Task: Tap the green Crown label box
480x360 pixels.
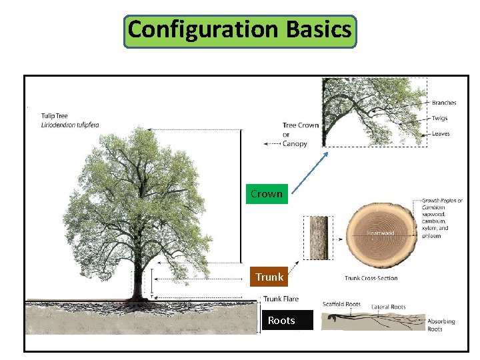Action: (x=267, y=194)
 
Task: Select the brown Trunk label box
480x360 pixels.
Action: (x=269, y=277)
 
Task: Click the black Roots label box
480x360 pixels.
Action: (x=281, y=321)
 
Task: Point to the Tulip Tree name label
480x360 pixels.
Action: (x=55, y=116)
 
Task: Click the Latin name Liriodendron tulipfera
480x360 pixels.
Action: (x=70, y=125)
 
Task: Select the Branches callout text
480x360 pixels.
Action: (x=444, y=103)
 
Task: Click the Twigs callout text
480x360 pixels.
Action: (x=440, y=118)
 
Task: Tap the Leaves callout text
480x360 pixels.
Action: (x=441, y=133)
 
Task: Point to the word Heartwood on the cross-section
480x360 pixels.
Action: (x=380, y=233)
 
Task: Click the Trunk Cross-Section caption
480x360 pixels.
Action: (x=371, y=279)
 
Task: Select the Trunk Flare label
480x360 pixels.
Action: (x=281, y=299)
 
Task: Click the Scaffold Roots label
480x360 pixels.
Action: (x=341, y=305)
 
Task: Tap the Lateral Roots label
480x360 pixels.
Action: (x=389, y=307)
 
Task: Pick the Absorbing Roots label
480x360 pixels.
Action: (x=441, y=325)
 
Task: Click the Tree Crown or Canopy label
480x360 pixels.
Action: (x=300, y=134)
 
